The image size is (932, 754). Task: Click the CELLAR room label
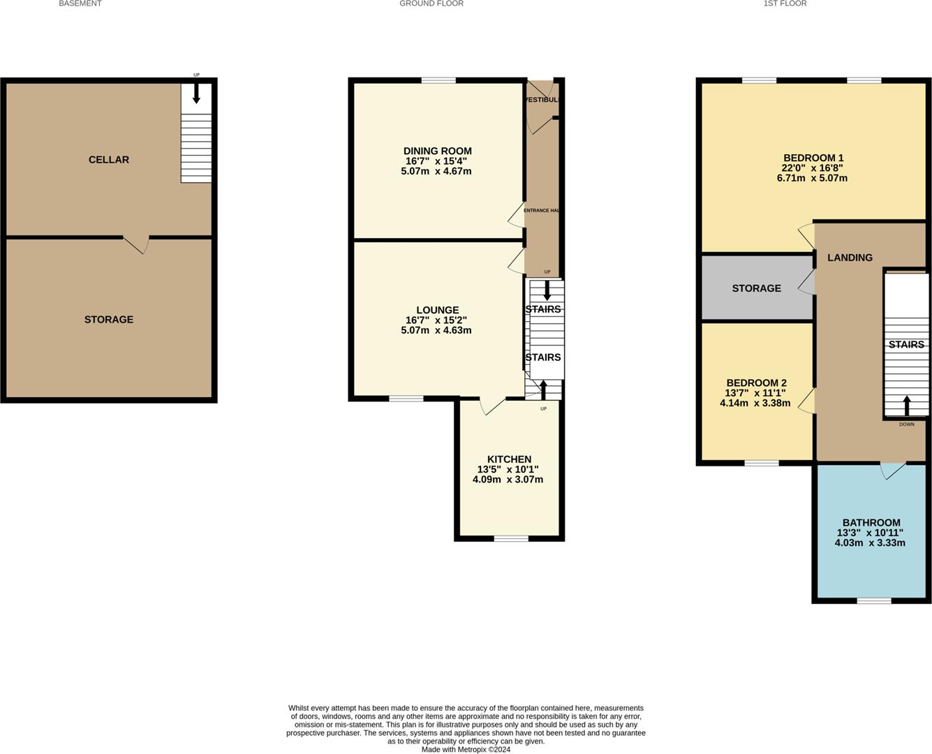[x=108, y=160]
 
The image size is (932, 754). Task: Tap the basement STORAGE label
[x=108, y=320]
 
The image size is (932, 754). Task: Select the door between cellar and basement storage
[x=137, y=243]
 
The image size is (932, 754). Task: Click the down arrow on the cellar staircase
[x=196, y=94]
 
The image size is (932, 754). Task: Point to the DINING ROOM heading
[x=437, y=151]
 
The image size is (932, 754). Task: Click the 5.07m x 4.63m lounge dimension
[x=436, y=330]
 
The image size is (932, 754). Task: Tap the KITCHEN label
[x=509, y=459]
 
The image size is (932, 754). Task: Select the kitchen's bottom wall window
[x=511, y=538]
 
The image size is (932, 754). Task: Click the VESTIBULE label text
[x=542, y=100]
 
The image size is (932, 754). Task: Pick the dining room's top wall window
[x=438, y=80]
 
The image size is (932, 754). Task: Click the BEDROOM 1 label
[x=813, y=158]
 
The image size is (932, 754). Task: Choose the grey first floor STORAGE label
[x=756, y=288]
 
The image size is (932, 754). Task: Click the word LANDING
[x=850, y=258]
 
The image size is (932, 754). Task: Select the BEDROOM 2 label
[x=756, y=383]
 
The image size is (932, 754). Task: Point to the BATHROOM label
[x=871, y=522]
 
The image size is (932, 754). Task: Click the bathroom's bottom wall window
[x=874, y=600]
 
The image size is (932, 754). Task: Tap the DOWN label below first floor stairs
[x=906, y=424]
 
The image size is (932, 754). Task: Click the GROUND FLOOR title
[x=431, y=3]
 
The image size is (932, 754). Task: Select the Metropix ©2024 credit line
[x=466, y=750]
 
